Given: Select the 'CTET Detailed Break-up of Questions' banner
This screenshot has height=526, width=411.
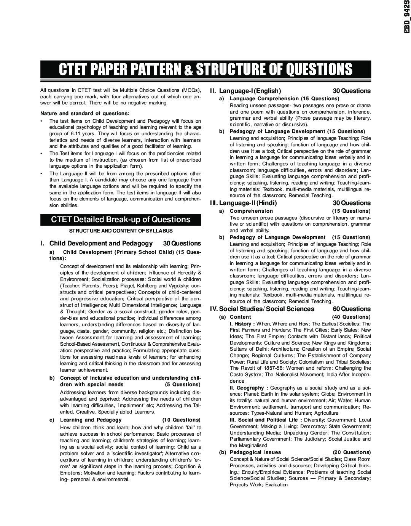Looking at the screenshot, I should point(121,220).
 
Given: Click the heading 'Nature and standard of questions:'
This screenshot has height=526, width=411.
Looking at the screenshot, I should point(85,113).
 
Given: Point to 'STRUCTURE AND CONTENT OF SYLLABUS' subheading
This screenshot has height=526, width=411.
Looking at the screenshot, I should point(121,231).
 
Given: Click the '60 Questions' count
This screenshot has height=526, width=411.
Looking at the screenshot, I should point(352,309).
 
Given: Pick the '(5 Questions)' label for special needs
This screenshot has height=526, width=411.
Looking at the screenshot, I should point(183,385).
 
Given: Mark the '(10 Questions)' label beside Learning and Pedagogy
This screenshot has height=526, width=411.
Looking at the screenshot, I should point(181,420).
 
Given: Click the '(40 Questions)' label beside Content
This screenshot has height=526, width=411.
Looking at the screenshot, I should point(351,317).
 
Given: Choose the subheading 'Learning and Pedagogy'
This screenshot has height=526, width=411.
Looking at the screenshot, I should point(91,420).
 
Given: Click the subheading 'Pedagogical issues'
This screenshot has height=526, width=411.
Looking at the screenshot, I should point(255,452).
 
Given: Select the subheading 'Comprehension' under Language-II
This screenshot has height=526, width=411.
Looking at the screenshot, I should point(251,211).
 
